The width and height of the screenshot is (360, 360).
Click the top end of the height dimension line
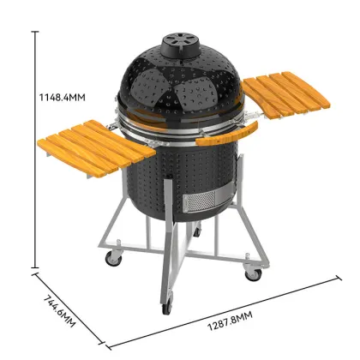click(x=35, y=31)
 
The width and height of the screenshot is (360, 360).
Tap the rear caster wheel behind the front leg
click(x=198, y=233)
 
